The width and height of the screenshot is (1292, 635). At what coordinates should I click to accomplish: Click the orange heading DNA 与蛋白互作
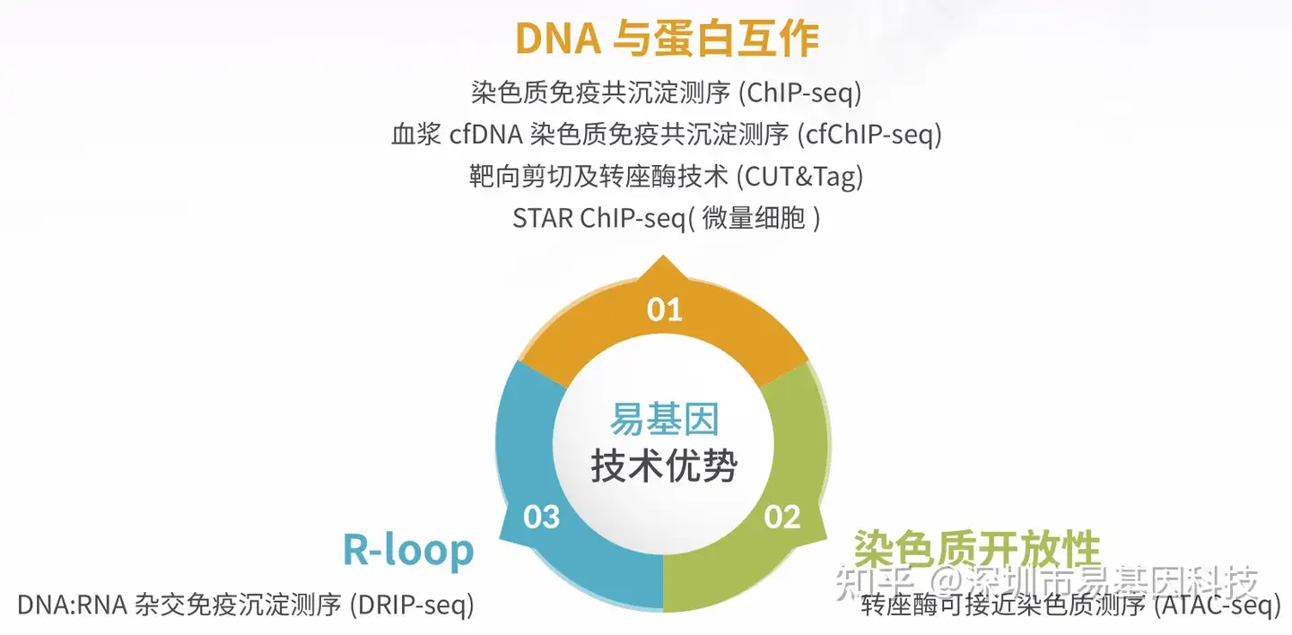667,38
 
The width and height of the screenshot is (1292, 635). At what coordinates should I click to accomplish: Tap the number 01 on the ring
665,309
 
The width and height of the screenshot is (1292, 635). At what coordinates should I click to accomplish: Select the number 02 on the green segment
782,517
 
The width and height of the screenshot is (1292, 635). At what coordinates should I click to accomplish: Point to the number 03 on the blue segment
541,517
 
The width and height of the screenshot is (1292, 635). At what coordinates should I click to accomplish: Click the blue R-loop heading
407,550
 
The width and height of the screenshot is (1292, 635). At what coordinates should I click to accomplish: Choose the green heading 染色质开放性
976,548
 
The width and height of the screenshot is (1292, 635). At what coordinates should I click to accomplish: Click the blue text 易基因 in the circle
665,419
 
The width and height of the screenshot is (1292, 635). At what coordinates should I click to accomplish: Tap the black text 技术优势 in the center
664,465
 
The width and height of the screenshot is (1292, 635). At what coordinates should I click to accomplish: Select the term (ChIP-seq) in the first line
800,93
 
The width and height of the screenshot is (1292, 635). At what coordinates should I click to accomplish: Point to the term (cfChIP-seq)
869,135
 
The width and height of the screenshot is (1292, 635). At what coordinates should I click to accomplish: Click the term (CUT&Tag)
800,177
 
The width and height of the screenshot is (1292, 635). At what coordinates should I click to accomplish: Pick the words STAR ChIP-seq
599,219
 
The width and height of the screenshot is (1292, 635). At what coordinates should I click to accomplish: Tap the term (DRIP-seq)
412,605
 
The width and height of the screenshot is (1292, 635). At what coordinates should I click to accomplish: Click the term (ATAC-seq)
1217,605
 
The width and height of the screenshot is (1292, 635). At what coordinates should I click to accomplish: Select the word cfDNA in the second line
485,135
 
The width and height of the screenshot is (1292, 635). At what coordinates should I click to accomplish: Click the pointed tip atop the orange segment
663,257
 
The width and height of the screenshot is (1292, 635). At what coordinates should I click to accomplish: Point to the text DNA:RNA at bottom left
72,605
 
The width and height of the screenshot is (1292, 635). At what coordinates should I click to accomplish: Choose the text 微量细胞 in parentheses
754,219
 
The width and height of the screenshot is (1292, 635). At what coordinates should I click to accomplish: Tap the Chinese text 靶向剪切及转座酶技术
598,177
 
